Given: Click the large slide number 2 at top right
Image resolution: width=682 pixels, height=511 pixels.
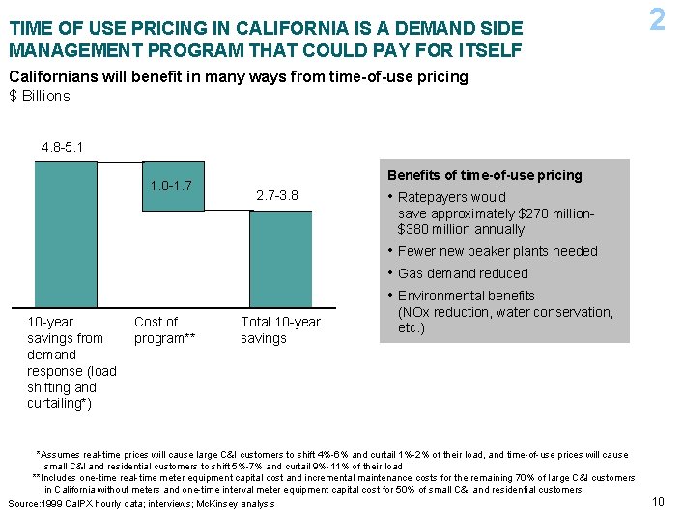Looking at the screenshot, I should pyautogui.click(x=657, y=20).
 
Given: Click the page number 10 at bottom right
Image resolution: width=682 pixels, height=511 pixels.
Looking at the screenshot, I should pyautogui.click(x=659, y=501).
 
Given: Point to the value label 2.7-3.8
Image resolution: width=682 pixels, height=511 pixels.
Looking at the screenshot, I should pyautogui.click(x=277, y=197).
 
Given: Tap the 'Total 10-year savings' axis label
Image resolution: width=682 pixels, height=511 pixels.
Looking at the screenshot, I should pyautogui.click(x=280, y=329).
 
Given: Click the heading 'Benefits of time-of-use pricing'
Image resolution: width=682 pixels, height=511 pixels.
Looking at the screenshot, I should pyautogui.click(x=484, y=175).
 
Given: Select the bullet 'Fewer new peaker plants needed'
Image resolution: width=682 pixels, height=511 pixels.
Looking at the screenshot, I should pyautogui.click(x=497, y=251).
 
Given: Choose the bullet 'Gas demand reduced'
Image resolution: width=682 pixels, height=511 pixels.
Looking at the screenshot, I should pyautogui.click(x=463, y=273).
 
